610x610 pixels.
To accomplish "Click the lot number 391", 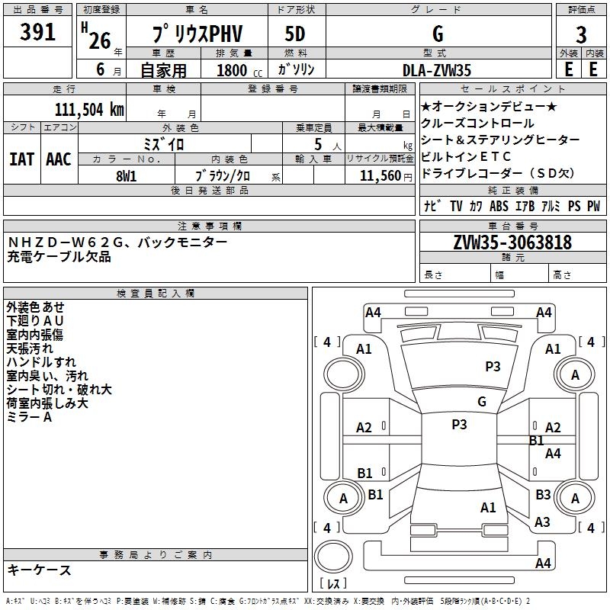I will (x=37, y=33).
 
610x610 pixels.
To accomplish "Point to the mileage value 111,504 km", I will (x=89, y=109).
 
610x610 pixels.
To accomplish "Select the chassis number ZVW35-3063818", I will (x=512, y=242).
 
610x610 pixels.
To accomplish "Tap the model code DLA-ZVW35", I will (x=437, y=70).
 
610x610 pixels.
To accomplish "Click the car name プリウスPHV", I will (x=196, y=34).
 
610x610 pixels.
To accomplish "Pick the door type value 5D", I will (x=295, y=34).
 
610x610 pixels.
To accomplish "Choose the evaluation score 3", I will (x=581, y=34).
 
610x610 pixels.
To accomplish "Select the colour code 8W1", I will (x=126, y=175).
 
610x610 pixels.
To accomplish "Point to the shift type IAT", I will (x=21, y=159).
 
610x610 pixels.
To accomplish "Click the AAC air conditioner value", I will (x=59, y=159).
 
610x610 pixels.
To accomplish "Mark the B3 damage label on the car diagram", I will (x=543, y=495).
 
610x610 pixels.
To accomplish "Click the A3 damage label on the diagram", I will (x=542, y=522).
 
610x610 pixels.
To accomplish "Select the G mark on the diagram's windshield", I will (x=481, y=401).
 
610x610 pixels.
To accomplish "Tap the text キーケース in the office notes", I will (x=40, y=570).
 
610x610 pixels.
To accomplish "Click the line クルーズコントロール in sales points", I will (x=477, y=124).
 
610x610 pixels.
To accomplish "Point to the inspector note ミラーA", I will (x=30, y=417).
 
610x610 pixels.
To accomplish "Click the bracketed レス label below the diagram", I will (x=333, y=584).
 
